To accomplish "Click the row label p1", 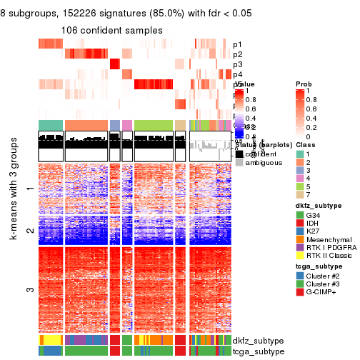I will coord(237,44).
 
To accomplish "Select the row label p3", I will coord(237,64).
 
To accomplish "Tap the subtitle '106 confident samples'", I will coord(111,30).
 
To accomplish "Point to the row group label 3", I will coord(29,290).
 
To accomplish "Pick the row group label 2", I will coord(29,231).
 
